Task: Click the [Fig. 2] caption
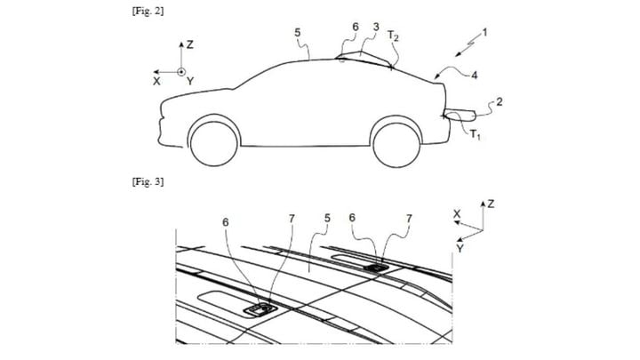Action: [148, 11]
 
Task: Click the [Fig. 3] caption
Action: [148, 181]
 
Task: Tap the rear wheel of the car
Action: [396, 143]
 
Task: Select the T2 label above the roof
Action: [393, 36]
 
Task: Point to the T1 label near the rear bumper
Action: [475, 134]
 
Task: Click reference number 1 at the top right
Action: [485, 32]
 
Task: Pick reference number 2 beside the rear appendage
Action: [500, 101]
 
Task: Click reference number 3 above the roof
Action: [376, 27]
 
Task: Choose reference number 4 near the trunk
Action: [474, 75]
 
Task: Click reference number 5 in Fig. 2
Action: [298, 32]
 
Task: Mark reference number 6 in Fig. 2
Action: [356, 27]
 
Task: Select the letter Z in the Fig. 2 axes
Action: [190, 44]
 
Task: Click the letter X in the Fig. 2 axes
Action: [156, 82]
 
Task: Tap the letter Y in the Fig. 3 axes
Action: [460, 249]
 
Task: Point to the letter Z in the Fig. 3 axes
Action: [491, 204]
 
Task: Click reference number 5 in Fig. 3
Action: [327, 219]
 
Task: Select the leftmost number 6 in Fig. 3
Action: [226, 222]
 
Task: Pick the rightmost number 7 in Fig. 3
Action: [409, 220]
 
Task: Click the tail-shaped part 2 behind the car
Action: [460, 115]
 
